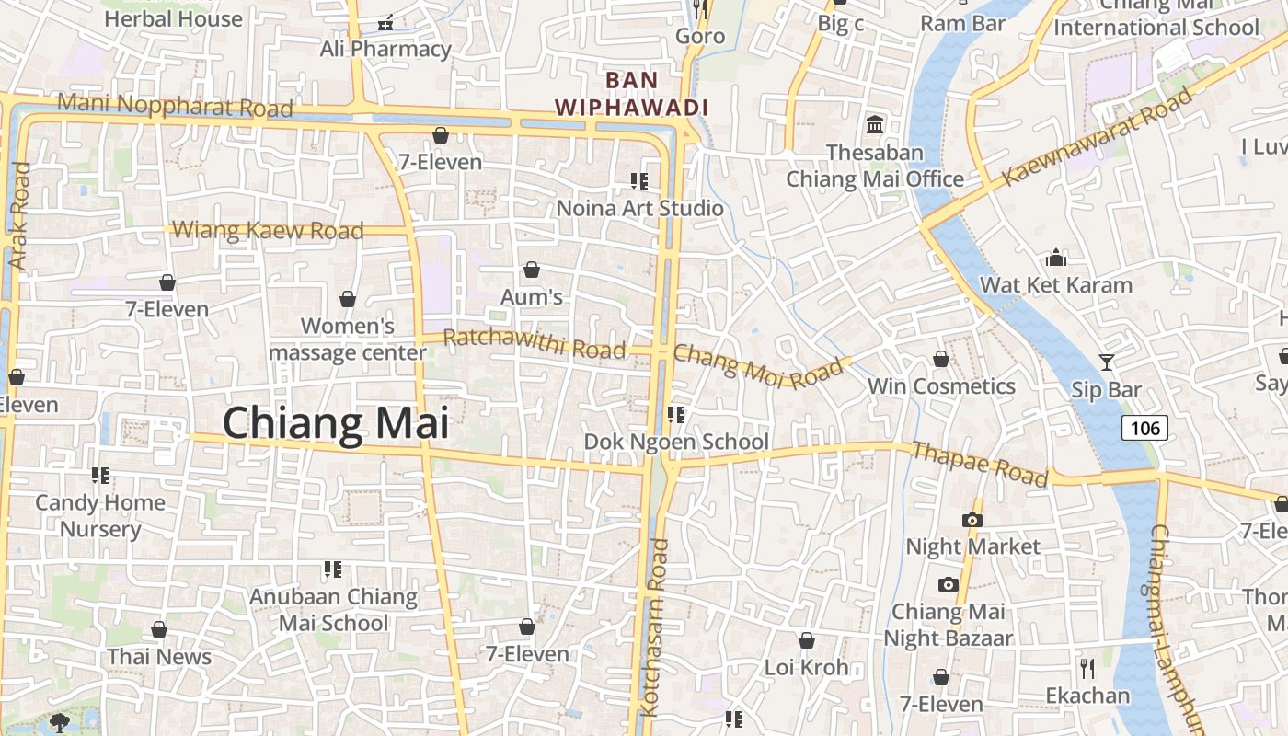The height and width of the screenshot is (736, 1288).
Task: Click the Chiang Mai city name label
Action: point(336,424)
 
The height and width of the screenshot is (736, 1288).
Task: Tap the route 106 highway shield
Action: point(1144,428)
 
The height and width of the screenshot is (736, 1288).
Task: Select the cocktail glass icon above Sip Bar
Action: point(1106,362)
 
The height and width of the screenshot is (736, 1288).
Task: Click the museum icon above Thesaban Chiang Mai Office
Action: point(875,124)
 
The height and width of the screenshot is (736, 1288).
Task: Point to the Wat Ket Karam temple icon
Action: point(1055,258)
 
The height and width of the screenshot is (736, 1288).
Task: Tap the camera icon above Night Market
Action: point(972,520)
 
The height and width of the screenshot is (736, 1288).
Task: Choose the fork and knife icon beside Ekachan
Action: point(1087,668)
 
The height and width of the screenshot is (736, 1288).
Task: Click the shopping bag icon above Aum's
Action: point(531,270)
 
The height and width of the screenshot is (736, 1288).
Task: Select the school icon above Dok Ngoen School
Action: point(676,415)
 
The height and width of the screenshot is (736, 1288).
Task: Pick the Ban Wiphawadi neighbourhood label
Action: point(631,94)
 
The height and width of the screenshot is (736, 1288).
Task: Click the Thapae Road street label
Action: point(979,464)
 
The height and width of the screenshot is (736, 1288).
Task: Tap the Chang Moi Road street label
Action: point(758,365)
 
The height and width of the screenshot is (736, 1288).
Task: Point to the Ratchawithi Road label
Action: point(534,343)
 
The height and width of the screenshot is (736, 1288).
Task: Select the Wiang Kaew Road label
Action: point(268,230)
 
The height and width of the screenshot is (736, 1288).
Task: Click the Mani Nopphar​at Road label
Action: point(175,104)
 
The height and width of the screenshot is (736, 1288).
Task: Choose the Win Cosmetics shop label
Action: point(942,386)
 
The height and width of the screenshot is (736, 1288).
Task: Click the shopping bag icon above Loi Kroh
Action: point(807,640)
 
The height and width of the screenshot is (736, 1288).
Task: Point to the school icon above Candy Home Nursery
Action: point(100,476)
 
